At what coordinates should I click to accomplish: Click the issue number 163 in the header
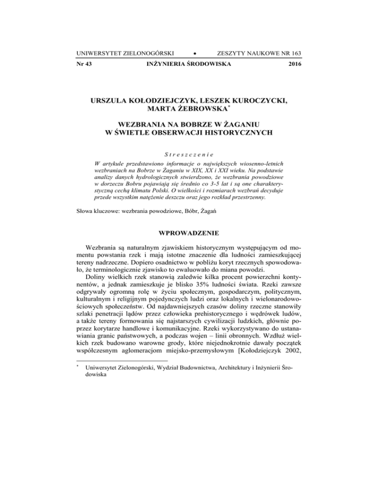click(x=293, y=53)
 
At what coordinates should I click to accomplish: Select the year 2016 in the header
click(x=293, y=64)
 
